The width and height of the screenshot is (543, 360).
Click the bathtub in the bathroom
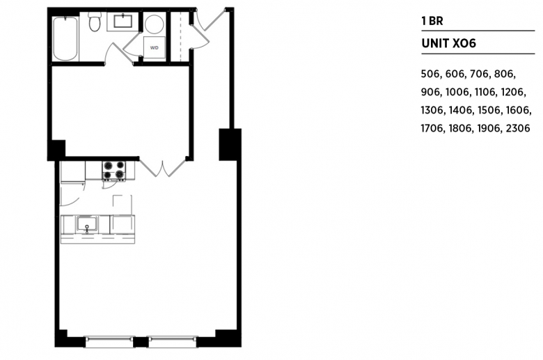coord(65,39)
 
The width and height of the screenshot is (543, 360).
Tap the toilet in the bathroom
coord(94,22)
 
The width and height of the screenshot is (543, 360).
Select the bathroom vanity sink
coord(123,21)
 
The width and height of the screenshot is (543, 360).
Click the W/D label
coord(154,48)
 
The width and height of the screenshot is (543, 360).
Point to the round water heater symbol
coord(154,24)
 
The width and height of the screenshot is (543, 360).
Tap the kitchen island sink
coord(87,224)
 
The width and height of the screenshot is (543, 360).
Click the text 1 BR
coord(432,21)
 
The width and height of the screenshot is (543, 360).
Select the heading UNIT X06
coord(448,43)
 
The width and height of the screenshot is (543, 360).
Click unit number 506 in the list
coord(430,74)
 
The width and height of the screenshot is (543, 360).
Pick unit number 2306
coord(518,129)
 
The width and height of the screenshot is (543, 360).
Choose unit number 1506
coord(489,110)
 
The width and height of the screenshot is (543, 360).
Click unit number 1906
coord(489,129)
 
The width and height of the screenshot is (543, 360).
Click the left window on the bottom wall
coord(109,342)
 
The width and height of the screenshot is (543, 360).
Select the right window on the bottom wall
coord(173,342)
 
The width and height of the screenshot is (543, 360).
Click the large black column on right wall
coord(230,144)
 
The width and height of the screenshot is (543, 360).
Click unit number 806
coord(504,74)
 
